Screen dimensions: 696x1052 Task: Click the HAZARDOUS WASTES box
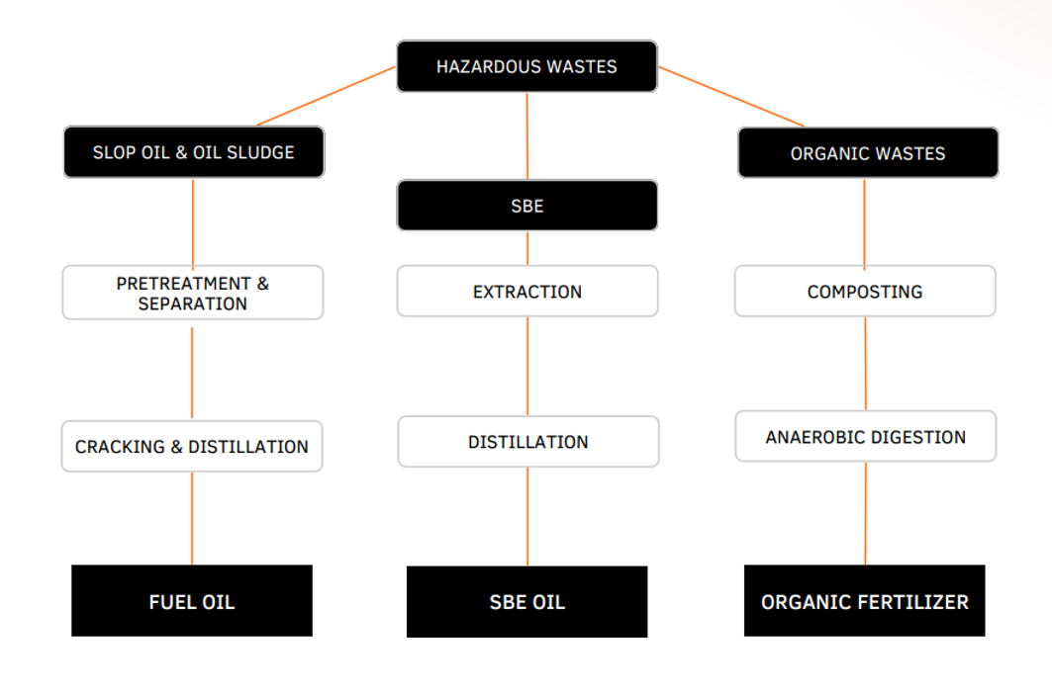point(526,66)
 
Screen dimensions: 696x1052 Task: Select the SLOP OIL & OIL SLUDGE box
point(194,152)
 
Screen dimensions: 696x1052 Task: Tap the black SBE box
point(526,206)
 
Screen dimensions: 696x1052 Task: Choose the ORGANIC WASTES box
point(867,153)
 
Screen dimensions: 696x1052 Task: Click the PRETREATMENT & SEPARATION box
point(192,293)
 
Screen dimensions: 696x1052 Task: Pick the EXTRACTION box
point(526,292)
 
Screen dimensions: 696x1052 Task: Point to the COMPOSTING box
point(864,292)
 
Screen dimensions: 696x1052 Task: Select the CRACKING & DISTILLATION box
point(192,447)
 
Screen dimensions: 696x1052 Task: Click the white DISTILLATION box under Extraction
point(527,442)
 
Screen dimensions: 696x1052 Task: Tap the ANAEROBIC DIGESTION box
point(865,437)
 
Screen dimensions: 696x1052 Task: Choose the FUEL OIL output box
point(192,601)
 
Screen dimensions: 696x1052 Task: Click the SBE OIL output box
point(526,602)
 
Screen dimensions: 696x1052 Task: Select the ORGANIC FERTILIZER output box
point(864,601)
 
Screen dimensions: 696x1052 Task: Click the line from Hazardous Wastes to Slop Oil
point(327,96)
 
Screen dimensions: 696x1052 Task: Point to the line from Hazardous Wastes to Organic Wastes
point(731,97)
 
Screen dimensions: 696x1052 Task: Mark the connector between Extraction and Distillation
point(526,366)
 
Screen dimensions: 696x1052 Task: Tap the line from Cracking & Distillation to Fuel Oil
point(192,518)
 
